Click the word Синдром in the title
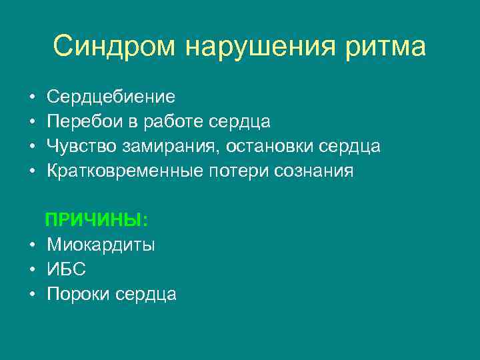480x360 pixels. point(114,47)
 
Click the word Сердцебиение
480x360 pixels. point(111,97)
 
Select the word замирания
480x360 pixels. point(164,147)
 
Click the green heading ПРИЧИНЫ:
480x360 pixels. point(96,220)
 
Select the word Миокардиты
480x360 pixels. point(101,245)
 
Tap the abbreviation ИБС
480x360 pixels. point(66,269)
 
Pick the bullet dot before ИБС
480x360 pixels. point(32,270)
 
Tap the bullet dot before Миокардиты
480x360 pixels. point(32,245)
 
